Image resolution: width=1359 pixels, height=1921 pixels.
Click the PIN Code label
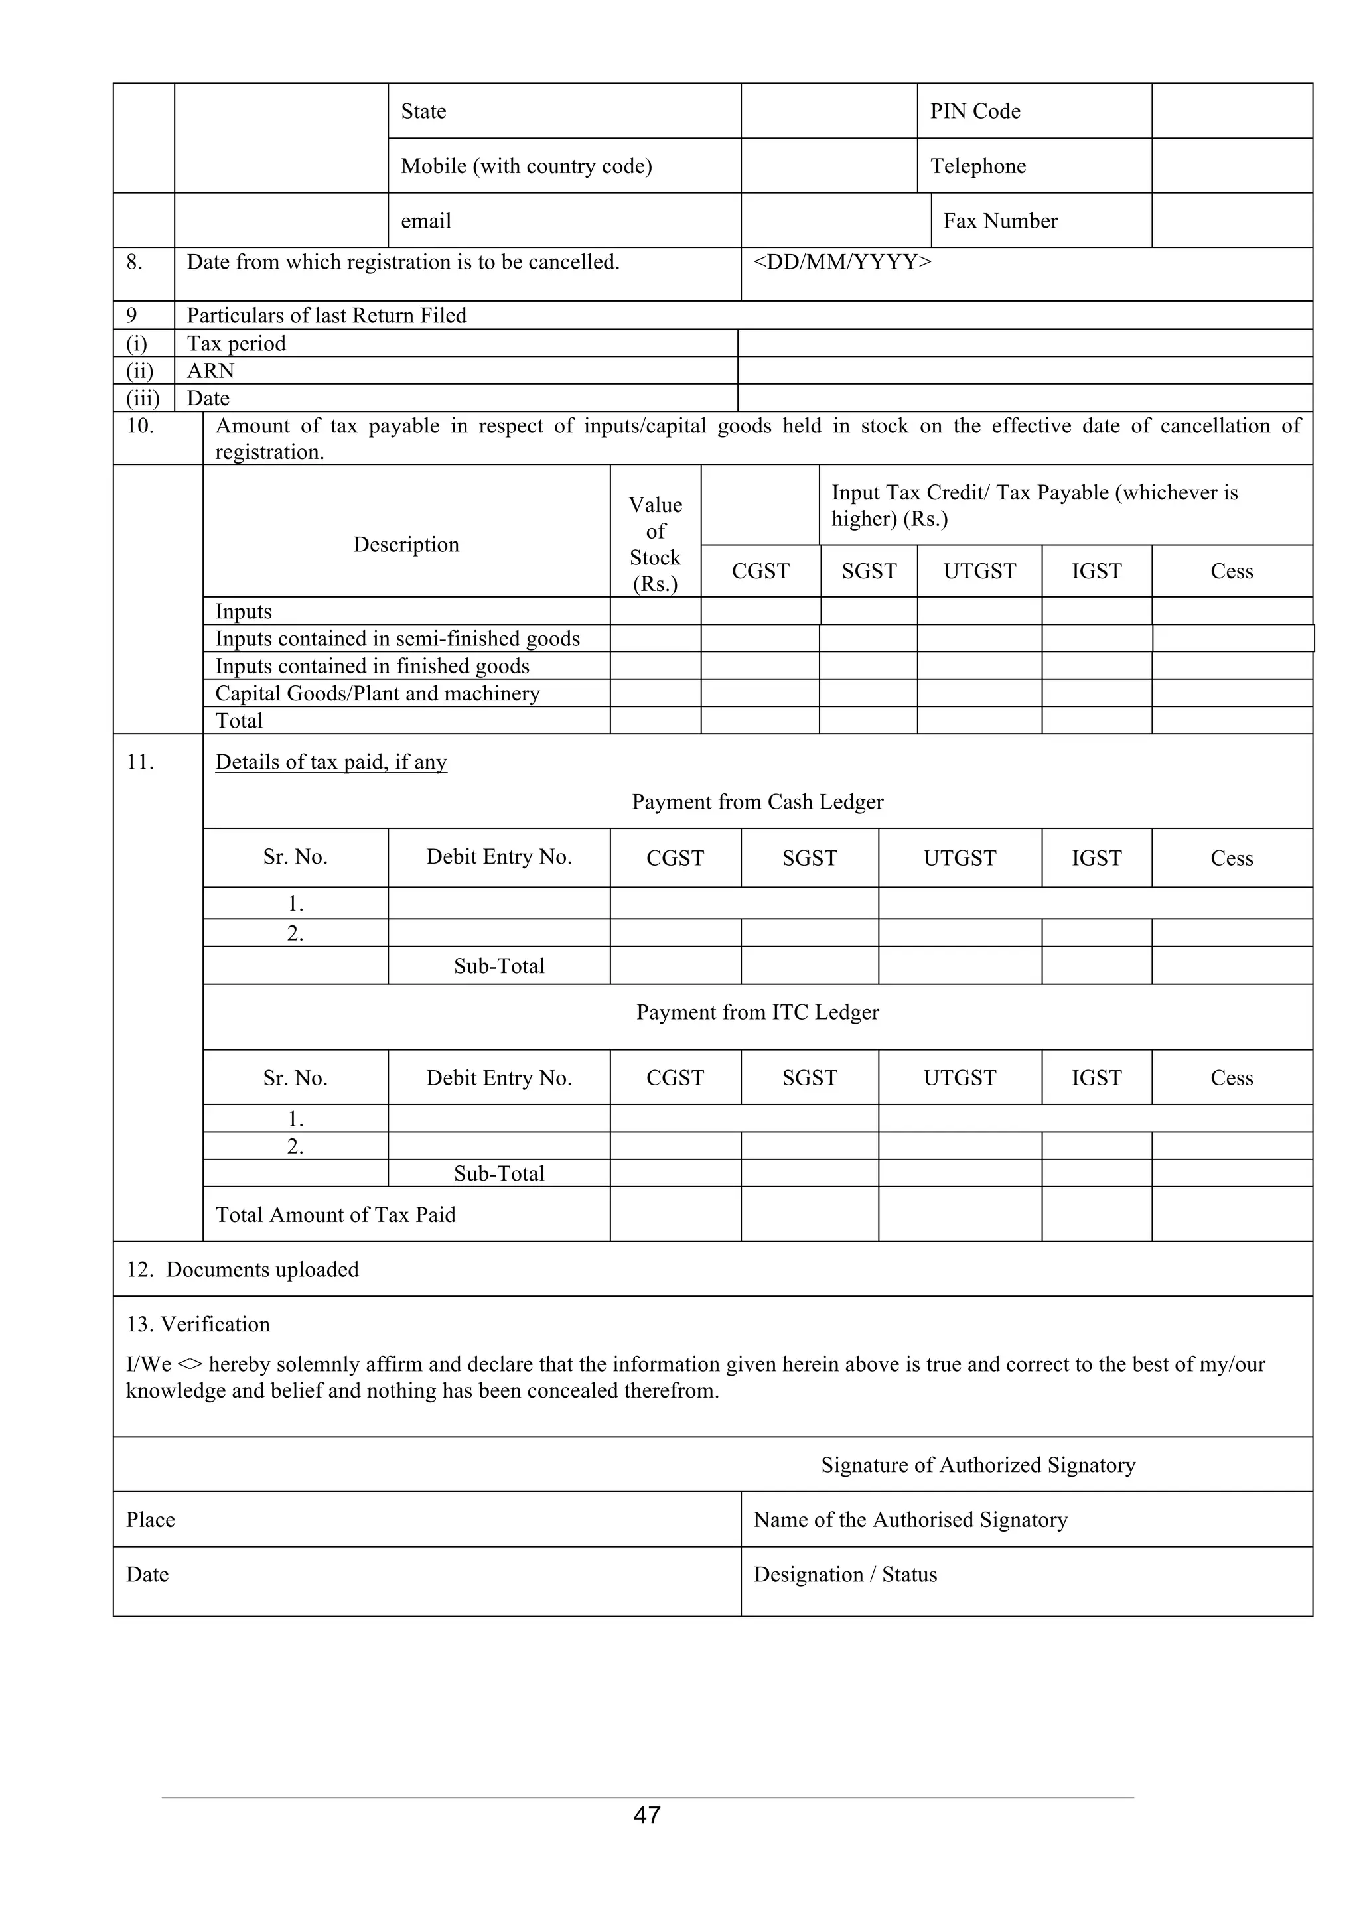(975, 111)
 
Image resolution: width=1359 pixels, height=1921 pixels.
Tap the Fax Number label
(1000, 221)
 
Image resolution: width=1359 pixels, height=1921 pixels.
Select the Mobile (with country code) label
(526, 166)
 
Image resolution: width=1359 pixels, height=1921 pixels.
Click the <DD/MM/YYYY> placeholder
(842, 262)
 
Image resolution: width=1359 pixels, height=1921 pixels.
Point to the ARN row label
(210, 371)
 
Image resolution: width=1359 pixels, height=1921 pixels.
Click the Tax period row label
(236, 343)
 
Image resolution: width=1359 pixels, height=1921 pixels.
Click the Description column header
(406, 545)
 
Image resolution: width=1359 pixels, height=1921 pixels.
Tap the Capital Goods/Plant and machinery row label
(378, 694)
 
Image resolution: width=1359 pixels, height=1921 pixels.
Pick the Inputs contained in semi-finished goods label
(397, 639)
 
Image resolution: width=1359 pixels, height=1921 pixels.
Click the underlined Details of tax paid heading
(330, 762)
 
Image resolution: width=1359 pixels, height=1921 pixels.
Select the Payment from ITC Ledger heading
(757, 1012)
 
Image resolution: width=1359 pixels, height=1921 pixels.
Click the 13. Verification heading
(198, 1325)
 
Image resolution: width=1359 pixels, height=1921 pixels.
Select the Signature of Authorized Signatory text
(977, 1465)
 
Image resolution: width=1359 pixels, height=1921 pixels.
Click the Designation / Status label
(845, 1575)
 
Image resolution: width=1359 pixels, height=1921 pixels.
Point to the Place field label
(151, 1520)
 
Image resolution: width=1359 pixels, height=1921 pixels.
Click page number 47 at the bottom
(647, 1815)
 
